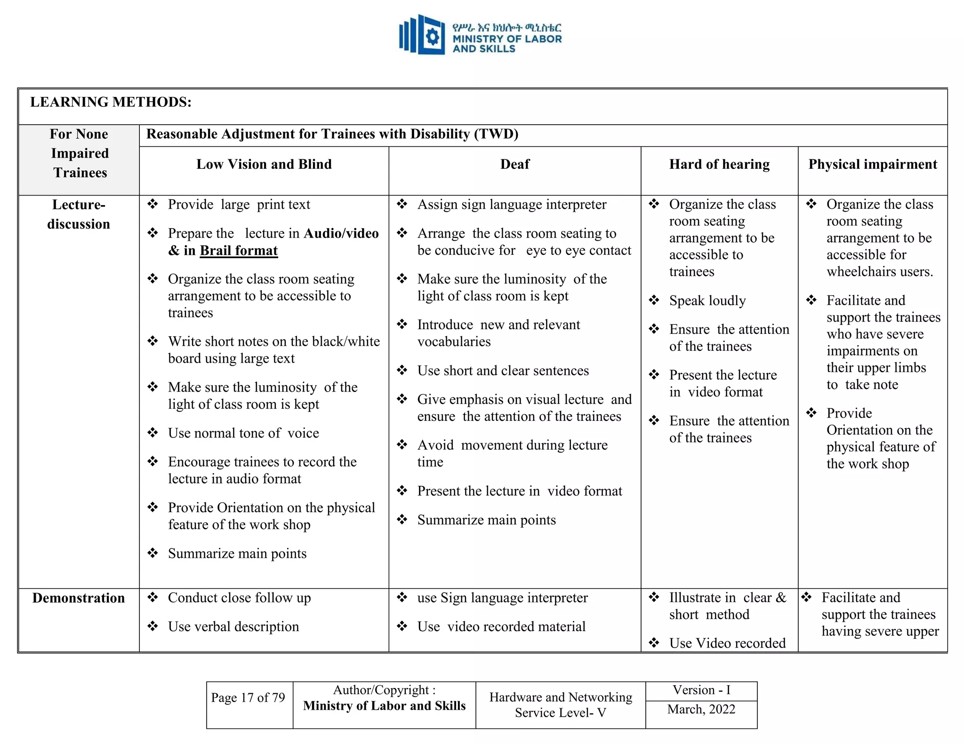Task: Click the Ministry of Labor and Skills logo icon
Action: click(x=422, y=34)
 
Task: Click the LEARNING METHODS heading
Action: click(x=111, y=102)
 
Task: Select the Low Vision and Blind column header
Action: click(x=264, y=164)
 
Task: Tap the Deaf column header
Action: click(x=514, y=164)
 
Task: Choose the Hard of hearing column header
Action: click(x=719, y=164)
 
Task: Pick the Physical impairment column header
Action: click(x=873, y=164)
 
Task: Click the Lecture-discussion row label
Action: click(x=79, y=214)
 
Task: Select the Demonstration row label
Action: click(x=79, y=598)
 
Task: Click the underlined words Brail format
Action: click(x=239, y=251)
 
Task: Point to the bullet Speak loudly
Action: click(x=707, y=301)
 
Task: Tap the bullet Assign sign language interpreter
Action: click(x=512, y=205)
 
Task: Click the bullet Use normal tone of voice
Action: click(x=243, y=433)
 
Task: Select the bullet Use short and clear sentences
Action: click(x=503, y=371)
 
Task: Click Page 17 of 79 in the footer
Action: click(x=248, y=697)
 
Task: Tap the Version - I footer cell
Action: click(x=701, y=690)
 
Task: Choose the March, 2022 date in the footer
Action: click(x=701, y=709)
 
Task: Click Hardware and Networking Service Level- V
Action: click(x=560, y=704)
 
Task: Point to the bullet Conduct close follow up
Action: click(x=239, y=598)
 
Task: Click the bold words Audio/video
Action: click(x=341, y=234)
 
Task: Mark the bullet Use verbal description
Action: click(x=233, y=626)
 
